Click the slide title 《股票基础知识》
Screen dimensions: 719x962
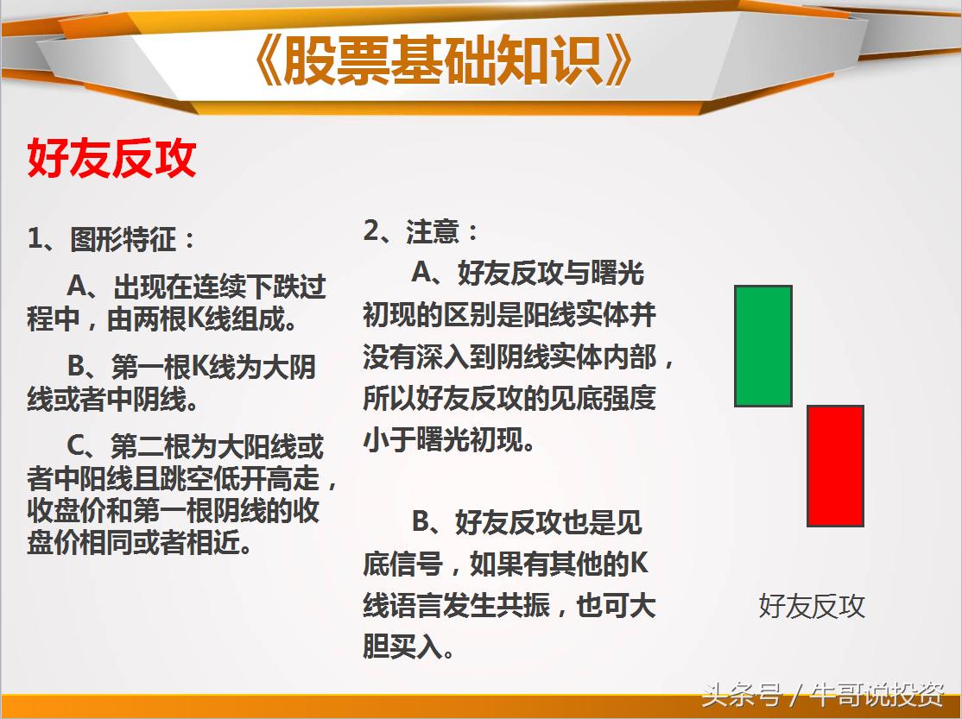(x=444, y=61)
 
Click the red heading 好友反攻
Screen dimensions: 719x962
(x=112, y=159)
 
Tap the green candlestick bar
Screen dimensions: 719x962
(x=763, y=345)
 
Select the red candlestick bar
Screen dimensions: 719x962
(x=835, y=465)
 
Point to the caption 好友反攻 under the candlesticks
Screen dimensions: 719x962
(x=811, y=606)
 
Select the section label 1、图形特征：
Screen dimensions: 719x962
(x=112, y=239)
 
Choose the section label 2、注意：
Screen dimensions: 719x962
(x=421, y=231)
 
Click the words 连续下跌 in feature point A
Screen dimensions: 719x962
(x=241, y=286)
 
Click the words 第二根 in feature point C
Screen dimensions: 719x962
(x=142, y=447)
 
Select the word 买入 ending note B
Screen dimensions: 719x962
(x=421, y=646)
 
